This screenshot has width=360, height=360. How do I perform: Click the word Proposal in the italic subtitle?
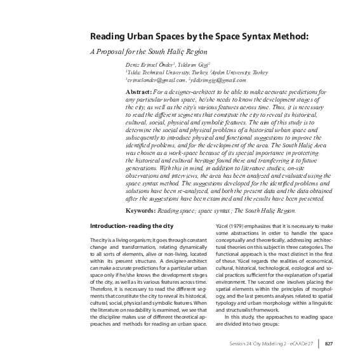(x=112, y=51)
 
